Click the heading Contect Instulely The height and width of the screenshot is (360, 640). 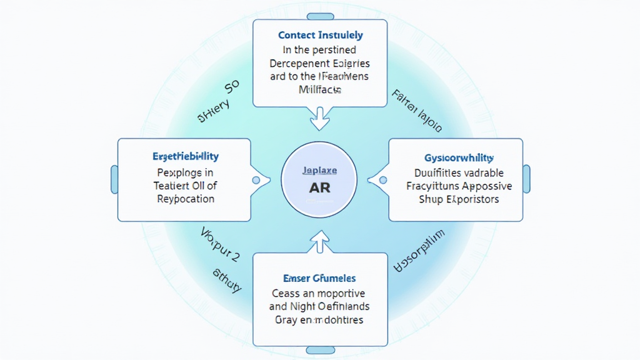point(320,35)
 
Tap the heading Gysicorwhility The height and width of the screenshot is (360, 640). point(454,157)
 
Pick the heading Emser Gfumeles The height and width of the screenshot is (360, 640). point(320,277)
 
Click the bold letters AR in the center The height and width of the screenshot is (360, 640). point(319,187)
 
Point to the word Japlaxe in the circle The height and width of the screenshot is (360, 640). point(319,169)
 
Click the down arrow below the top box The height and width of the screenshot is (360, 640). point(320,117)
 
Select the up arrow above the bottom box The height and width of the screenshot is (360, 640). point(320,241)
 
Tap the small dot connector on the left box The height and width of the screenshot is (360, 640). point(256,180)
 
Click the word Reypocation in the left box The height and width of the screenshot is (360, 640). point(186,199)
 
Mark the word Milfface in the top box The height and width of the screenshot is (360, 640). point(320,90)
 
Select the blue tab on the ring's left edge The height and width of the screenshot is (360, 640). point(114,179)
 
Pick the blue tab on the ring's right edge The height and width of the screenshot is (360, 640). point(526,179)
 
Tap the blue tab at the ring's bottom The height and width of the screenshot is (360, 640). point(320,351)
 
